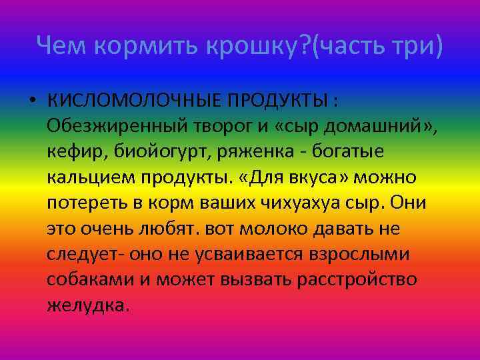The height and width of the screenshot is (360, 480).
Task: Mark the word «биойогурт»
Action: click(x=158, y=153)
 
